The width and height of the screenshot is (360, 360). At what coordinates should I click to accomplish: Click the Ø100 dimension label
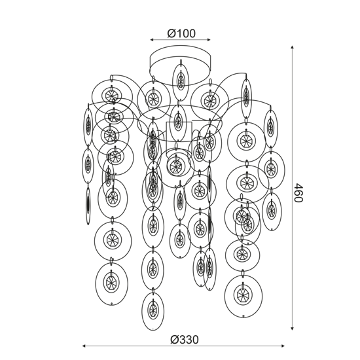(x=181, y=33)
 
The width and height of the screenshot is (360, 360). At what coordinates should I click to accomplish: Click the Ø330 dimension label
(x=185, y=340)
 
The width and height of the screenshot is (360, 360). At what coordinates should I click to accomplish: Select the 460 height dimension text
(x=298, y=192)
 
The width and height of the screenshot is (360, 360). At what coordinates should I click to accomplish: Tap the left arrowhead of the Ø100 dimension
(x=152, y=40)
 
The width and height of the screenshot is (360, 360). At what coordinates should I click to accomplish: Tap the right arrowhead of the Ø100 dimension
(x=209, y=40)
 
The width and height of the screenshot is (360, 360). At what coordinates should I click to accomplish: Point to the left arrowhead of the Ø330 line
(x=84, y=346)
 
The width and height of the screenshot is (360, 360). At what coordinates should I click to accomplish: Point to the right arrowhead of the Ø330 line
(x=283, y=346)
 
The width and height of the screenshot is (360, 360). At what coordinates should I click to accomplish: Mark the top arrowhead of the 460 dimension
(x=292, y=47)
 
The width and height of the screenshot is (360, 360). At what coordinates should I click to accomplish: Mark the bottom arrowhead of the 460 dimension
(x=292, y=329)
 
